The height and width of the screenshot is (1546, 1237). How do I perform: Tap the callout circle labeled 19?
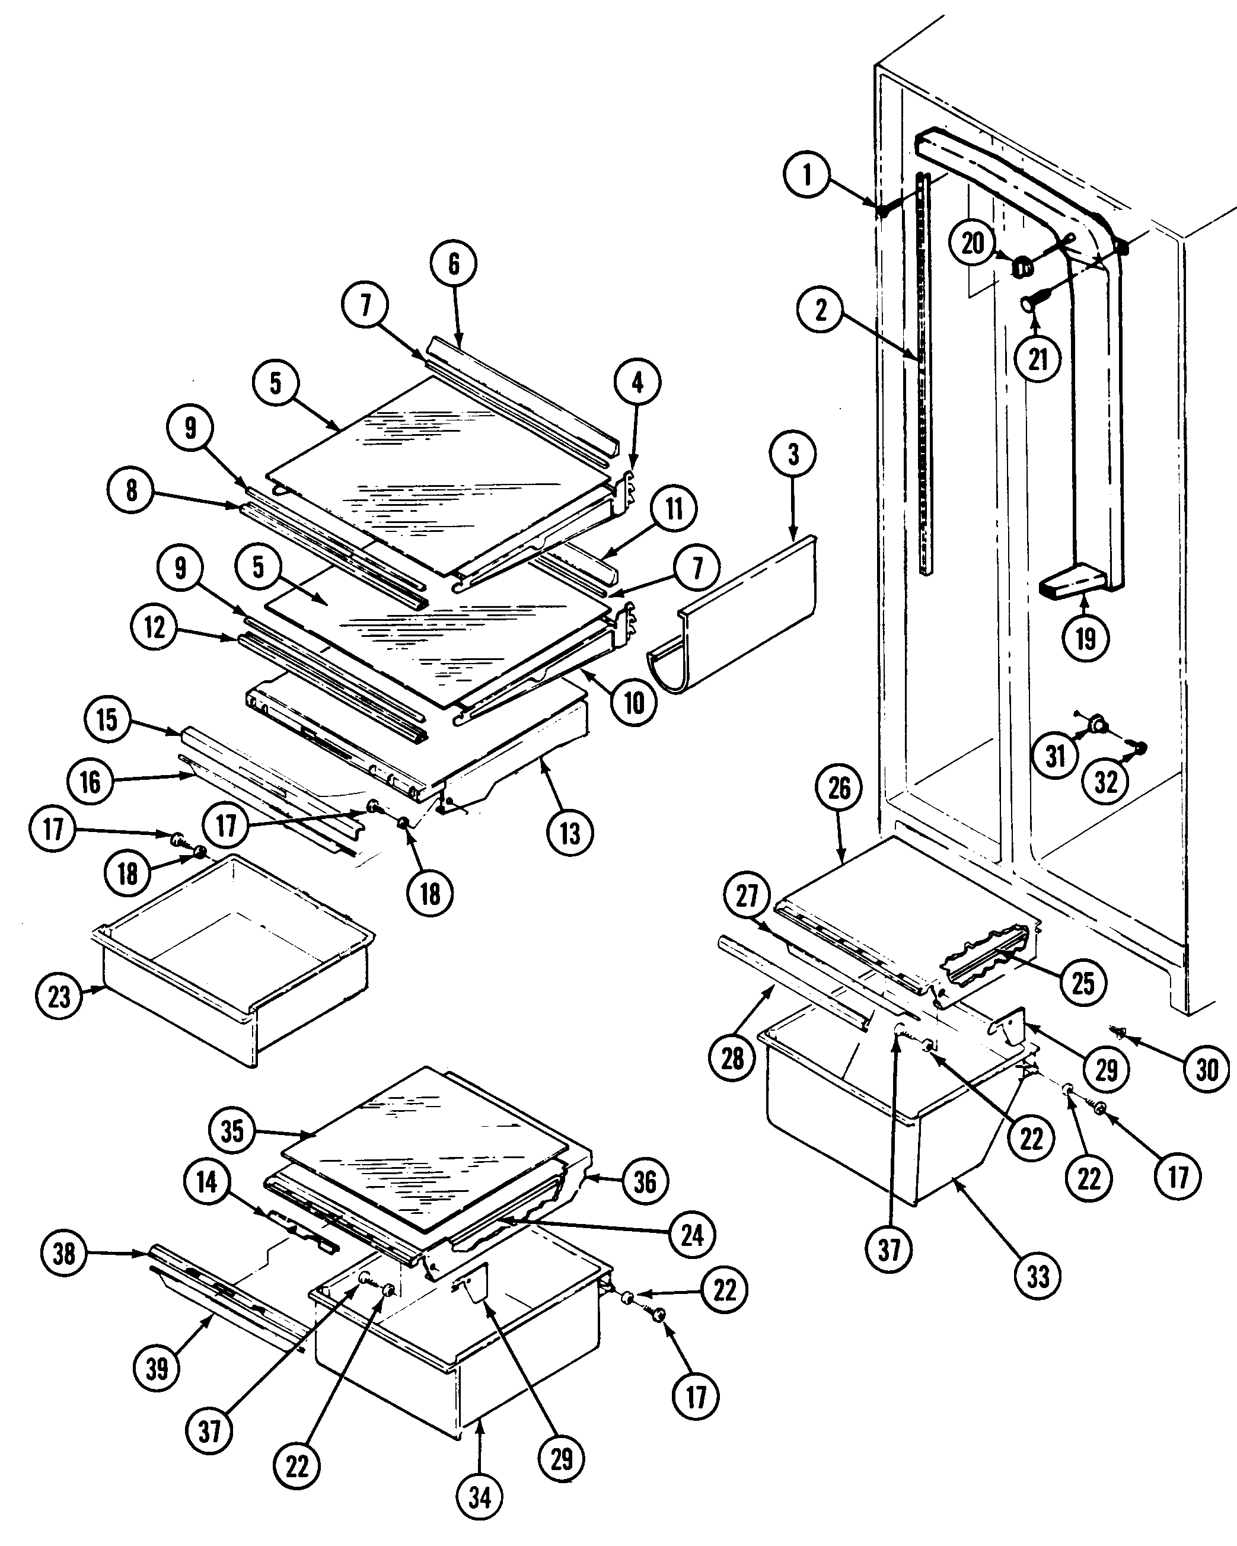[1086, 637]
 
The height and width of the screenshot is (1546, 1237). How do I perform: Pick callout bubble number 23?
[59, 996]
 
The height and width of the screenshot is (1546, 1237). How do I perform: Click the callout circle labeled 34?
[480, 1497]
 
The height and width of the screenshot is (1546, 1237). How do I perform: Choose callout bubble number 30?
[1207, 1070]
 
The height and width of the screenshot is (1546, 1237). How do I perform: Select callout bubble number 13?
[570, 833]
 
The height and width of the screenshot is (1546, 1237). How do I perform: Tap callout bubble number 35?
[232, 1131]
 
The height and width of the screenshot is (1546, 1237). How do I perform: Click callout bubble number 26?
[840, 788]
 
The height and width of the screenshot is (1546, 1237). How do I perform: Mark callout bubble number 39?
[157, 1368]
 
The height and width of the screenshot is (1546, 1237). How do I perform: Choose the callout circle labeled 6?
[454, 264]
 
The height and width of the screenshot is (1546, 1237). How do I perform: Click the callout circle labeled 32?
[1106, 782]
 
